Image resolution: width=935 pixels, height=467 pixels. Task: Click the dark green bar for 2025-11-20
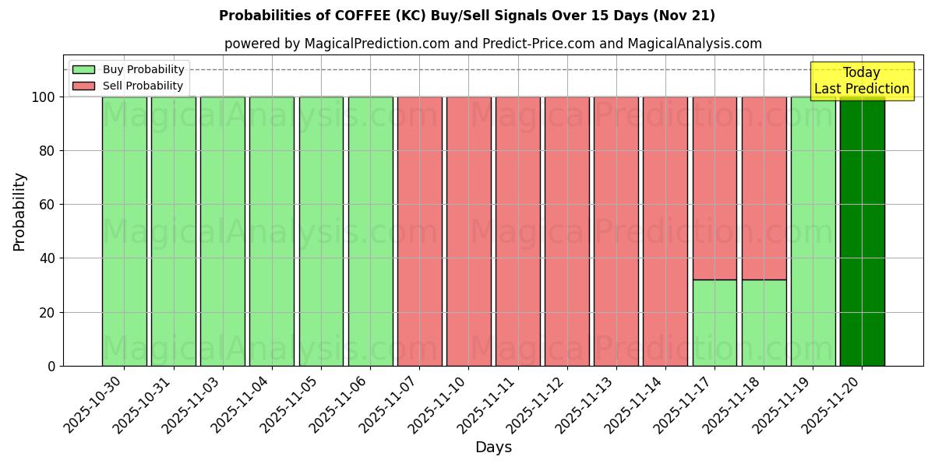(x=862, y=231)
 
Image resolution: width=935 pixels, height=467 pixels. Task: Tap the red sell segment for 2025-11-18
(x=764, y=177)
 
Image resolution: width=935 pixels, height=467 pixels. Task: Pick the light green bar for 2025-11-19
(x=813, y=231)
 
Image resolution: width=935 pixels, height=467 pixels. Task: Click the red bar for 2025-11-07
(x=419, y=231)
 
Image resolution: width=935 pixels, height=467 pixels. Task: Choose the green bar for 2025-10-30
(x=124, y=231)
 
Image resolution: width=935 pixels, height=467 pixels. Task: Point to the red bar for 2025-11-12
(x=566, y=231)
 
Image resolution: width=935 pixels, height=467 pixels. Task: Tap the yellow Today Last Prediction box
(x=861, y=81)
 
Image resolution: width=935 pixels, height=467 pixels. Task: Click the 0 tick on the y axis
(x=51, y=366)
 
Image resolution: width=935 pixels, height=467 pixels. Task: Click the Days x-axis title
(x=493, y=448)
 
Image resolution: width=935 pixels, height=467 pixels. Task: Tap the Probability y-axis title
(x=19, y=212)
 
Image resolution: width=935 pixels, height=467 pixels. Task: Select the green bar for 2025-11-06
(x=370, y=231)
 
